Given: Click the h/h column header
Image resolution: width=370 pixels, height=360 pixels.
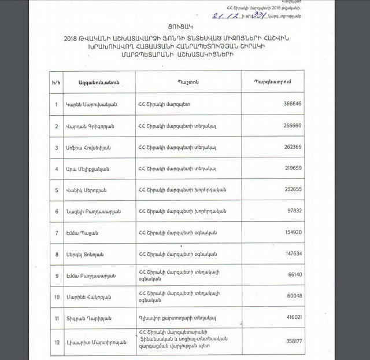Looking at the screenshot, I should tap(55, 82).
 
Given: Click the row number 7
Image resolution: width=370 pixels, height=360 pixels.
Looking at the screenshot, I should tap(55, 233).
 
